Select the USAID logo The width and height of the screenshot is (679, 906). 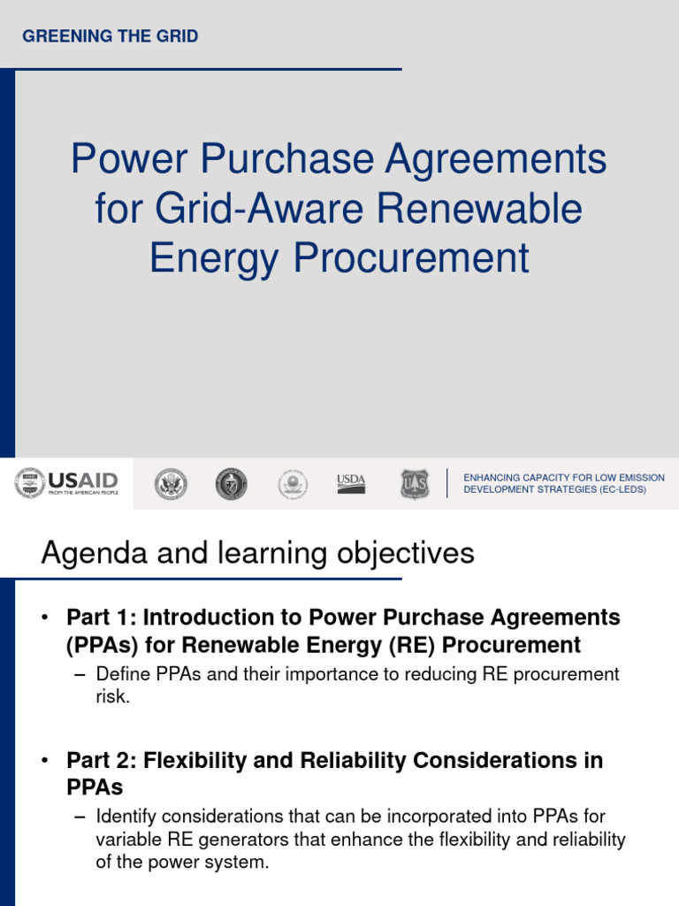click(x=66, y=483)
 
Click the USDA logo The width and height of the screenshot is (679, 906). click(x=351, y=483)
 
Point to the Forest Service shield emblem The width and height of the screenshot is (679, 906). click(x=414, y=483)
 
